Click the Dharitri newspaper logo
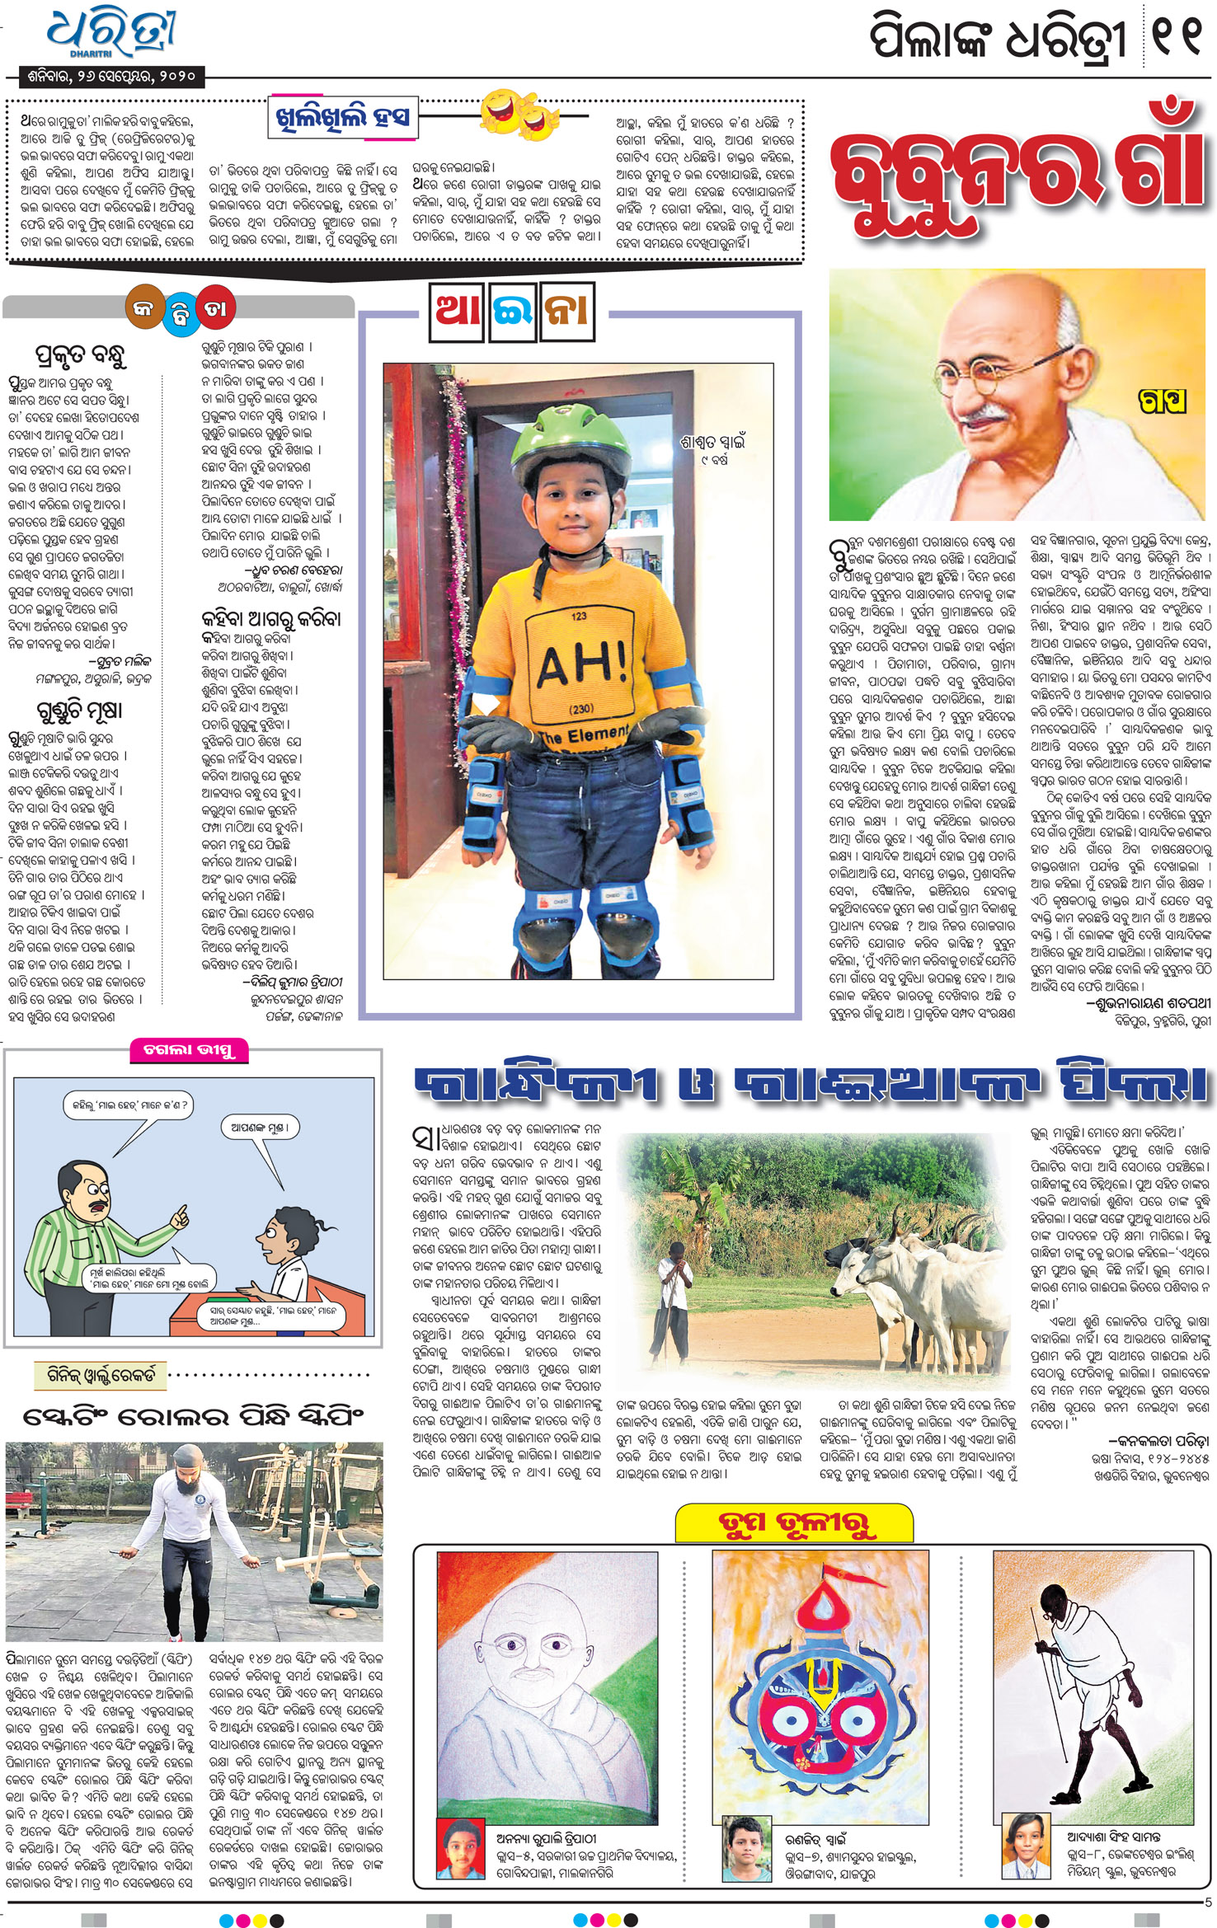(111, 35)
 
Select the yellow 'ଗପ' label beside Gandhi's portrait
(1162, 401)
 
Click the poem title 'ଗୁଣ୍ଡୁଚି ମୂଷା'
(79, 710)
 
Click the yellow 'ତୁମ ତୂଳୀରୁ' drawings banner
(794, 1523)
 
